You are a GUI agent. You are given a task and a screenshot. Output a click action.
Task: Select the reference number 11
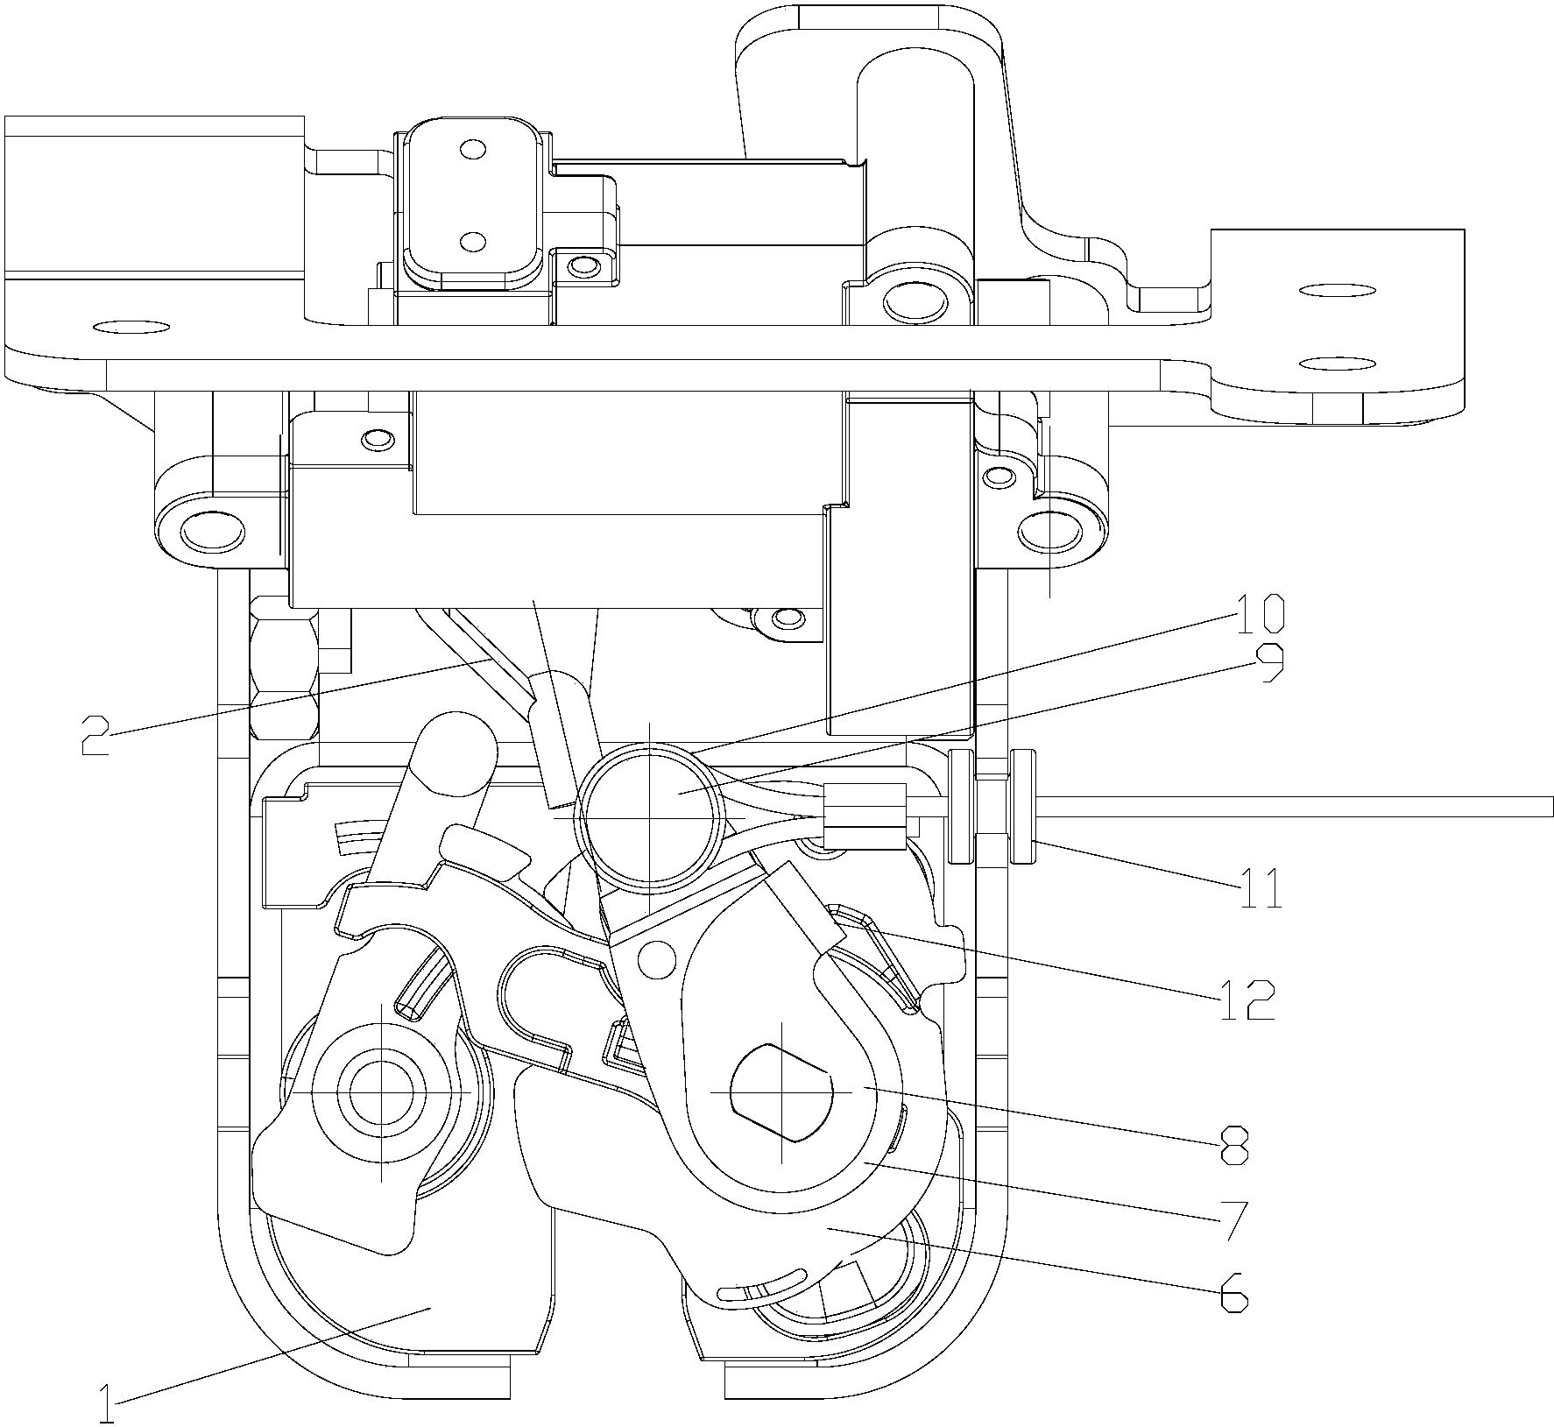point(1260,888)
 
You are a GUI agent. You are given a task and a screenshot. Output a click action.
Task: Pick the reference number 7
point(1234,1219)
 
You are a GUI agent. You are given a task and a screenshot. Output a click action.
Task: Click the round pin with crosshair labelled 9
point(648,816)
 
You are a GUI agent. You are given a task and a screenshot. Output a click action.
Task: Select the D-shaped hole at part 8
point(780,1091)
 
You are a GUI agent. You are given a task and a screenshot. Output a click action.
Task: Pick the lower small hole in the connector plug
point(473,239)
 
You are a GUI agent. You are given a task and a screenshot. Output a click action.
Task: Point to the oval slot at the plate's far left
point(130,328)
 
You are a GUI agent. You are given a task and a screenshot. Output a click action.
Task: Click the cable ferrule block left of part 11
point(863,816)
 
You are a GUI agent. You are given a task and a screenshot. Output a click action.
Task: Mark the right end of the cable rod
point(1551,807)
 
